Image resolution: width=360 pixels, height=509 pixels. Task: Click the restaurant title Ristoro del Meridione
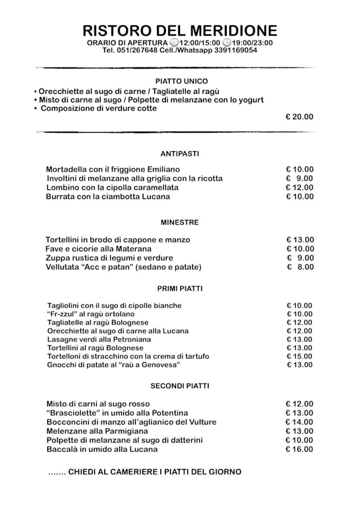(x=180, y=30)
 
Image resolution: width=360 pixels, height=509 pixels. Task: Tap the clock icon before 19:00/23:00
(x=227, y=43)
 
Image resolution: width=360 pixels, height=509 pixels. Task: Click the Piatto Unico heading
(x=181, y=81)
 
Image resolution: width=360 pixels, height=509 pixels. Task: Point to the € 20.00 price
(x=300, y=117)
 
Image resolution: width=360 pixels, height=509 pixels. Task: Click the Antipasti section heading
(x=179, y=154)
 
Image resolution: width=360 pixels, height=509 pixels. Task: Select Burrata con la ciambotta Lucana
(x=108, y=197)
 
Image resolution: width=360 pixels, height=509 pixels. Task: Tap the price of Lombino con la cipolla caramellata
(x=300, y=187)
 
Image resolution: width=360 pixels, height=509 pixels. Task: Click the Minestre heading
(x=179, y=222)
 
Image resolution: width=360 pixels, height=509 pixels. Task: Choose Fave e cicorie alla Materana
(x=98, y=249)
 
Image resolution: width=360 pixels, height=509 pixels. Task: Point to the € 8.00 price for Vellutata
(x=300, y=267)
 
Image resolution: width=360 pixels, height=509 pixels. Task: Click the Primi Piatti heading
(x=179, y=289)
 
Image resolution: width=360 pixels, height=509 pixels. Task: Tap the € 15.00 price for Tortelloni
(x=299, y=357)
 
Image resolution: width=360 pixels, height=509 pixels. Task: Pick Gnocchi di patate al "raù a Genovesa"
(x=114, y=365)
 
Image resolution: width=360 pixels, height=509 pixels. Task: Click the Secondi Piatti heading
(x=179, y=386)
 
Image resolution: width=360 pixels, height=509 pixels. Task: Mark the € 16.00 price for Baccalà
(x=300, y=449)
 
